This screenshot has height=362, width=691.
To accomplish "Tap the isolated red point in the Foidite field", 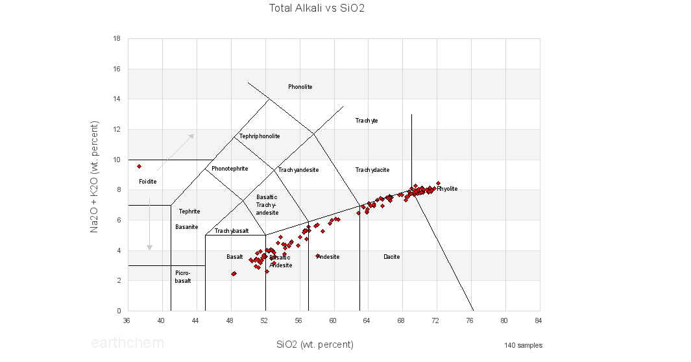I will click(139, 166).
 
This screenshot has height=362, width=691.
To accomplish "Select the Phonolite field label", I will click(300, 87).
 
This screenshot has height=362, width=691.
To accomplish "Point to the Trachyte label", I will click(367, 121).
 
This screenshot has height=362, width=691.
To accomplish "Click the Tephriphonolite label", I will click(260, 136).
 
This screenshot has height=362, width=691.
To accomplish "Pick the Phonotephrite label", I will click(230, 169).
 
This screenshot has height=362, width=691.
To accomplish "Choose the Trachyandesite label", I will click(298, 170).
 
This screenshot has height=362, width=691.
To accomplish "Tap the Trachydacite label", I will click(372, 170).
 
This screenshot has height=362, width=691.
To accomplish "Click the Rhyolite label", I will click(447, 189).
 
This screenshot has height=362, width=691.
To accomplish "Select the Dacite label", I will click(391, 257).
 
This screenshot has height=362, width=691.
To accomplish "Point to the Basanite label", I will click(187, 227).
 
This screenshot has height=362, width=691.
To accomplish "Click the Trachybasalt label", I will click(232, 231).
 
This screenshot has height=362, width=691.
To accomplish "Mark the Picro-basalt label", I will click(183, 277).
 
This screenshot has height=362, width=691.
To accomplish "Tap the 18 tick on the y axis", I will click(116, 39).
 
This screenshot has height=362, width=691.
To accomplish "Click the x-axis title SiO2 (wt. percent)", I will click(315, 344).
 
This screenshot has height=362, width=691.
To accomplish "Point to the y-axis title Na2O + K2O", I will click(95, 176).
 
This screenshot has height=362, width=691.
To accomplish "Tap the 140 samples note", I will click(523, 345).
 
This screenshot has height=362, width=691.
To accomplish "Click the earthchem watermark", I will click(127, 343).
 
